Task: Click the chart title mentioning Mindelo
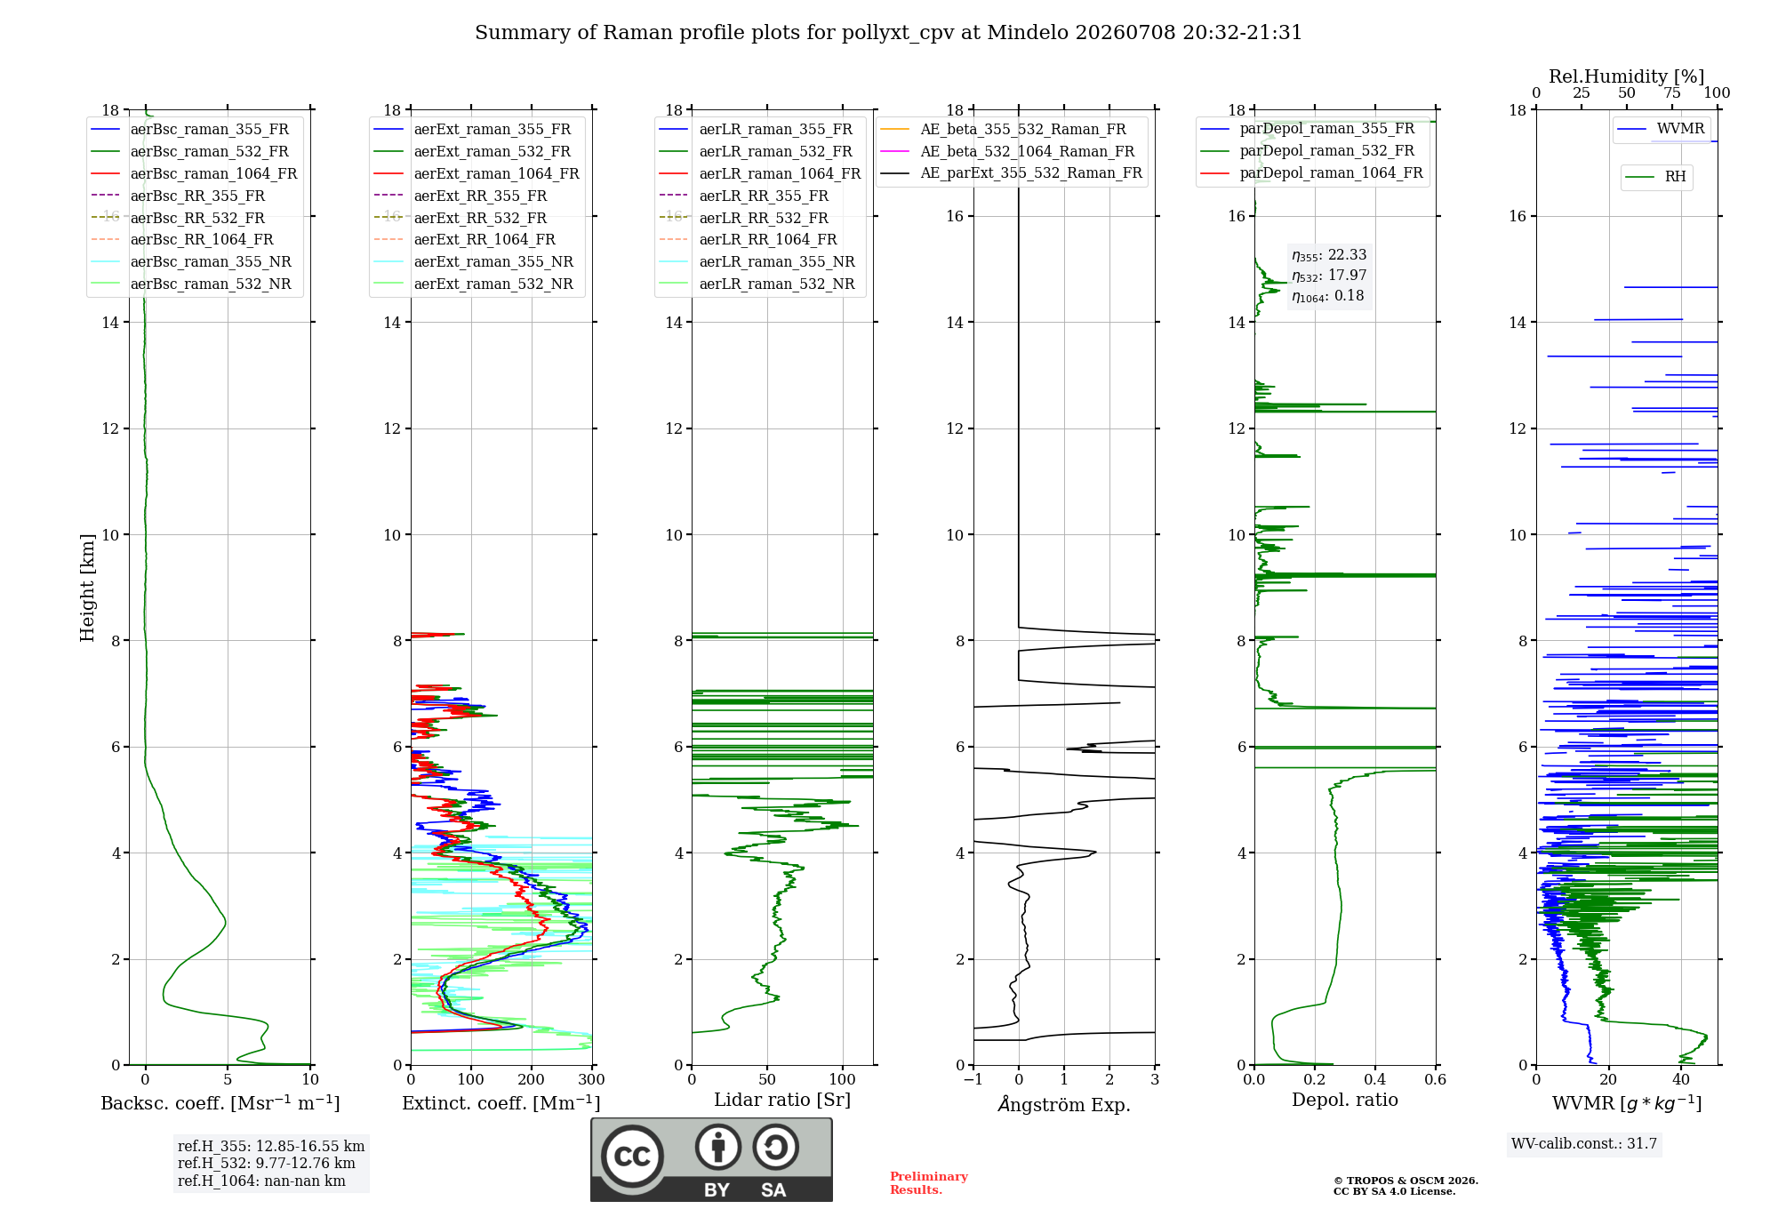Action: [x=888, y=33]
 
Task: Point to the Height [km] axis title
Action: [x=87, y=588]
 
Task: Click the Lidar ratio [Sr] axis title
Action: [x=782, y=1101]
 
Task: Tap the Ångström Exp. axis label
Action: [x=1064, y=1104]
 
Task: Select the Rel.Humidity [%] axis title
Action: [x=1627, y=76]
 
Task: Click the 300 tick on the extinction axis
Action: [x=592, y=1080]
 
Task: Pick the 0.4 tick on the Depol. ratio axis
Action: [x=1375, y=1080]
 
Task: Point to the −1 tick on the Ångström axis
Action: [x=973, y=1080]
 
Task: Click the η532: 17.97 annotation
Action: [x=1329, y=276]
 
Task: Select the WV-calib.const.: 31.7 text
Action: [x=1584, y=1144]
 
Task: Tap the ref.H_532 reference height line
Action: [x=266, y=1164]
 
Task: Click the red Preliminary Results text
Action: [x=928, y=1183]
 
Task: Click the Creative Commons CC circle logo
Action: [x=632, y=1157]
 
